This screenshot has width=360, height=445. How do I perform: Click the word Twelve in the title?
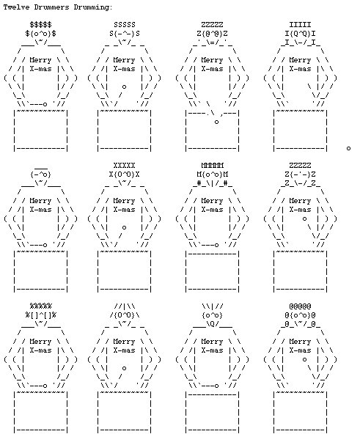(16, 7)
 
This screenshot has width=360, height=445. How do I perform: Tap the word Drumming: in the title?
(93, 7)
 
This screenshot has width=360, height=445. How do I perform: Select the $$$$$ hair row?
(40, 25)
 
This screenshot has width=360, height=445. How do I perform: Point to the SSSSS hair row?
(125, 25)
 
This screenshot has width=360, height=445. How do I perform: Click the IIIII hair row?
(300, 25)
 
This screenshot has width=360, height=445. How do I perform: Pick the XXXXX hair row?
(125, 165)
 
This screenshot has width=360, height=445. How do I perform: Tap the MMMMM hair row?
(213, 165)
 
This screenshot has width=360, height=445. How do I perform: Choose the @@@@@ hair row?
(300, 306)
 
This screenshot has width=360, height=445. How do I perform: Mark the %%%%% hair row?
(40, 306)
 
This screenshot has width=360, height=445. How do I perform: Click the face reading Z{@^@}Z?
(213, 34)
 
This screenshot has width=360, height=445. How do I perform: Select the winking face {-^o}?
(40, 174)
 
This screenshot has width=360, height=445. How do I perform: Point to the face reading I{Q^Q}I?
(300, 34)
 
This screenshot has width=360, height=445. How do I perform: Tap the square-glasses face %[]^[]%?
(40, 315)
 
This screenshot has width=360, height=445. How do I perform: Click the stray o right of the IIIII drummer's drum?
(348, 148)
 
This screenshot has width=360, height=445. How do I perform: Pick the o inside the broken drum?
(216, 122)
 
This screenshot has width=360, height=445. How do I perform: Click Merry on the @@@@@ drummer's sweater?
(300, 342)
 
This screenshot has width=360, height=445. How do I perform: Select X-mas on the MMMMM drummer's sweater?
(213, 210)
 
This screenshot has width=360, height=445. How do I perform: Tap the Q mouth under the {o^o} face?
(213, 324)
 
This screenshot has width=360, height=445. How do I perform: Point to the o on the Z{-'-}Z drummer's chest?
(304, 218)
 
